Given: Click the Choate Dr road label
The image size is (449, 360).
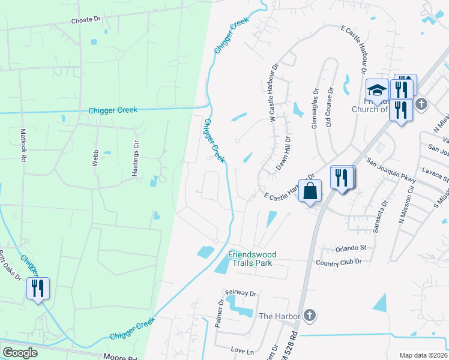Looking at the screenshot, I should (x=86, y=20).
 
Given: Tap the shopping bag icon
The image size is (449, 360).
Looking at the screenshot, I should (x=310, y=191).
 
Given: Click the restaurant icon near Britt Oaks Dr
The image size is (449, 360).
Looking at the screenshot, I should (x=38, y=289).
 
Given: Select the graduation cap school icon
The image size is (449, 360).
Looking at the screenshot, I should (x=377, y=90).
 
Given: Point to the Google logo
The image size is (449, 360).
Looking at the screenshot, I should (x=20, y=352).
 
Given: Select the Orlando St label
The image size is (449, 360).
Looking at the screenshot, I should (x=351, y=248).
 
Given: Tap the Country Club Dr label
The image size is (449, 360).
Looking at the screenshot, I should (x=339, y=262).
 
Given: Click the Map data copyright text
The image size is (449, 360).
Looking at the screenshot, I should (x=423, y=355).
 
